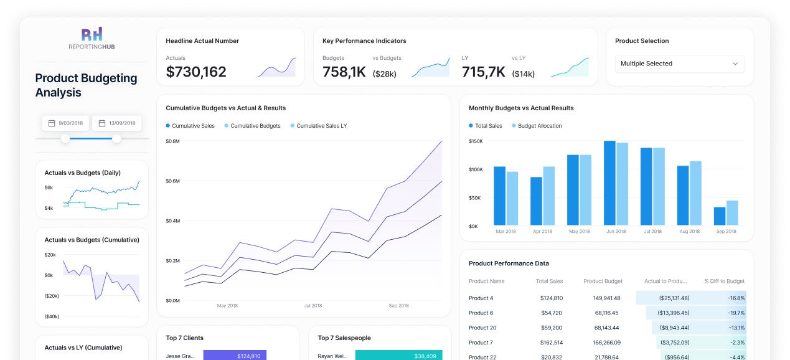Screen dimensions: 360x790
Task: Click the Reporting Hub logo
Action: [x=92, y=39]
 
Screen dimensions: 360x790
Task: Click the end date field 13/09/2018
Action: [x=117, y=123]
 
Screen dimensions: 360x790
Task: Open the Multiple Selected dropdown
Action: [x=679, y=64]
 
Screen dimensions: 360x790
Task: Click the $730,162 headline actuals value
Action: [x=196, y=72]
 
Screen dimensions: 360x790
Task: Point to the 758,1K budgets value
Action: [x=344, y=72]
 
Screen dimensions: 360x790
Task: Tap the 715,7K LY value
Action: [x=484, y=72]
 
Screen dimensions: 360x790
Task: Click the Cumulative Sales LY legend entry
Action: [x=321, y=126]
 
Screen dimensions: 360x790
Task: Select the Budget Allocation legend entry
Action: [x=539, y=126]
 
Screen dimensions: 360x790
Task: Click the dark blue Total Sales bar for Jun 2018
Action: [x=609, y=183]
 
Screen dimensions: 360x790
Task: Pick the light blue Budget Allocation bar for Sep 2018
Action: [x=732, y=213]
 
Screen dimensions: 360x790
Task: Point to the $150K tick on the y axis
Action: [x=476, y=141]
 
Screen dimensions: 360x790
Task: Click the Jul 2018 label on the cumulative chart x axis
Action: [x=313, y=306]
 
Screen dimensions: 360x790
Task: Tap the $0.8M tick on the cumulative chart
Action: [x=172, y=141]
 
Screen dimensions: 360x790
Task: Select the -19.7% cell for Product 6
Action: [x=735, y=313]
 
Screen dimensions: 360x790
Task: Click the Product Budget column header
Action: [x=603, y=282]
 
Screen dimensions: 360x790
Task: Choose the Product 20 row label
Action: [x=482, y=328]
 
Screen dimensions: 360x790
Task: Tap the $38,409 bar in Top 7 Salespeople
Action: [x=398, y=356]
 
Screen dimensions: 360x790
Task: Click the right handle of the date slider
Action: [x=116, y=138]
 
